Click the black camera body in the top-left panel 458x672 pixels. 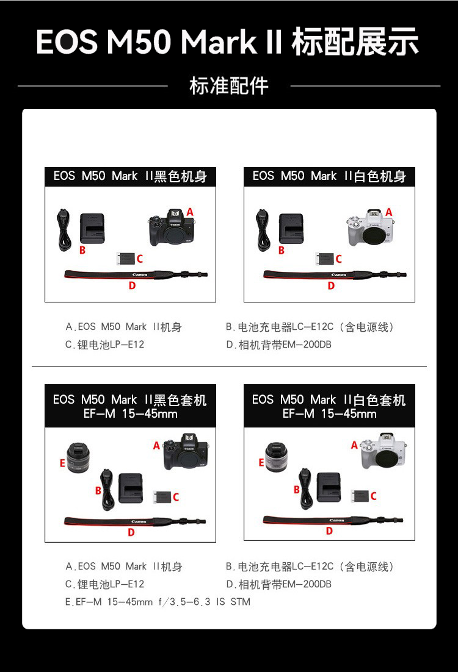pyautogui.click(x=172, y=229)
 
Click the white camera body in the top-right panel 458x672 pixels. pyautogui.click(x=370, y=228)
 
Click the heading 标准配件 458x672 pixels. pyautogui.click(x=229, y=86)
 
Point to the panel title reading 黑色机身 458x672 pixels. pyautogui.click(x=130, y=176)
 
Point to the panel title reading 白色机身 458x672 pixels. pyautogui.click(x=329, y=176)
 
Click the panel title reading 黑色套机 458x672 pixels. pyautogui.click(x=130, y=406)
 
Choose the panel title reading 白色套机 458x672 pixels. pyautogui.click(x=329, y=406)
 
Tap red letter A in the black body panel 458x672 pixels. pyautogui.click(x=190, y=212)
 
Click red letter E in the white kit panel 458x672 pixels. pyautogui.click(x=261, y=463)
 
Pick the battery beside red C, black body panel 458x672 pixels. pyautogui.click(x=125, y=259)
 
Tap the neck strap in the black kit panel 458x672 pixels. pyautogui.click(x=134, y=521)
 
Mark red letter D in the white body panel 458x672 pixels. pyautogui.click(x=331, y=285)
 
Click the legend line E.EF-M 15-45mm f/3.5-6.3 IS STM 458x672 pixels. pyautogui.click(x=158, y=602)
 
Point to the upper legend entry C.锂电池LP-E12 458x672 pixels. pyautogui.click(x=105, y=345)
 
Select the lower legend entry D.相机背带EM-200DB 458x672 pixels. pyautogui.click(x=278, y=584)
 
